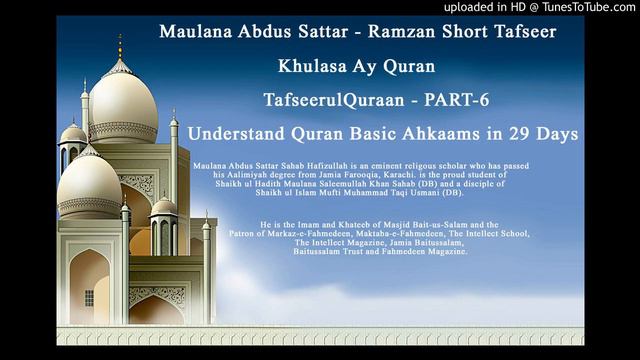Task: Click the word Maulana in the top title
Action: (193, 31)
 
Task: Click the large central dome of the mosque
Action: (121, 105)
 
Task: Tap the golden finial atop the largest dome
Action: (120, 45)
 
